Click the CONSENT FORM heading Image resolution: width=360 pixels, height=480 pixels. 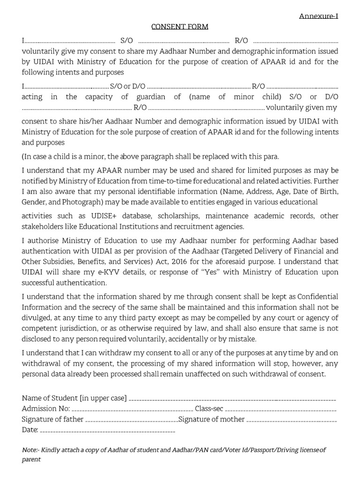click(x=180, y=27)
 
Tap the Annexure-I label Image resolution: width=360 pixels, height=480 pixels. click(x=319, y=16)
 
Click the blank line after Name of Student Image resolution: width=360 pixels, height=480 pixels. click(x=232, y=399)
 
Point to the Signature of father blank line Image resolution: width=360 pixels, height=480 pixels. click(x=131, y=420)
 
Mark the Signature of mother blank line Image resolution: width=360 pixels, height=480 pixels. click(x=291, y=420)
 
